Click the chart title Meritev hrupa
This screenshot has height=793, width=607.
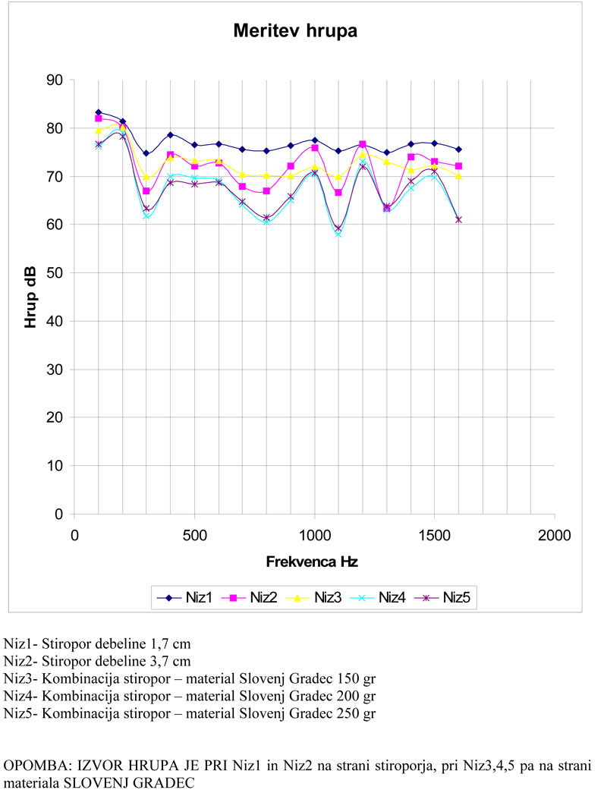click(294, 32)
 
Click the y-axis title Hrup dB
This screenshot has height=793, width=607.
click(30, 297)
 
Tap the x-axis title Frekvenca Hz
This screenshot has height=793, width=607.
click(312, 562)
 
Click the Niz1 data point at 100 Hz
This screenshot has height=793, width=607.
click(99, 112)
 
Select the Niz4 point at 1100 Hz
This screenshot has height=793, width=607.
click(338, 234)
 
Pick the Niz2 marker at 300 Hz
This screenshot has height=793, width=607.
click(146, 191)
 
